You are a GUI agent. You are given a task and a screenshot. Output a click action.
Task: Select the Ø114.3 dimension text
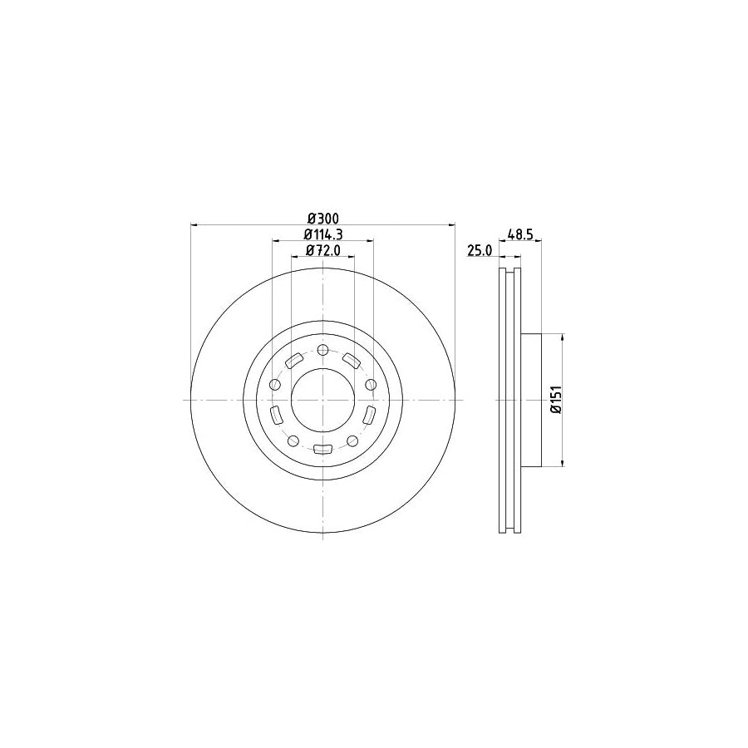(322, 234)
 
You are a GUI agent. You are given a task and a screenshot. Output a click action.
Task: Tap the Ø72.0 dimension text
(322, 250)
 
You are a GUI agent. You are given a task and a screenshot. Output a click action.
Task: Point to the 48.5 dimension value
(521, 235)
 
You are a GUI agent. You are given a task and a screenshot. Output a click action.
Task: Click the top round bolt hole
(323, 349)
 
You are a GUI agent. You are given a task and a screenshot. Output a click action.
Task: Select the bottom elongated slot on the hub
(323, 450)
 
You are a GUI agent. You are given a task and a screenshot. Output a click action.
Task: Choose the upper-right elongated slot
(352, 360)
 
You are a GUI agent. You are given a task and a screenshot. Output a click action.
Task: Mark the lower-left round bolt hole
(293, 440)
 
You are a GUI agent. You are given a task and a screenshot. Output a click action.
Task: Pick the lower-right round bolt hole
(352, 440)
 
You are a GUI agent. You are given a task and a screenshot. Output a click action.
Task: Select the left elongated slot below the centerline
(277, 415)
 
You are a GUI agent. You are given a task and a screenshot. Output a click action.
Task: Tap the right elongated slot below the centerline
(369, 415)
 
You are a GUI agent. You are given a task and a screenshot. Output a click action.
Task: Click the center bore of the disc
(323, 400)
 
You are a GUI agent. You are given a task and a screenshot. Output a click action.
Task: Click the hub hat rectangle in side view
(531, 400)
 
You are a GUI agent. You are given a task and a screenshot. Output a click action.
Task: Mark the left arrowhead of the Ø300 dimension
(194, 224)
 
